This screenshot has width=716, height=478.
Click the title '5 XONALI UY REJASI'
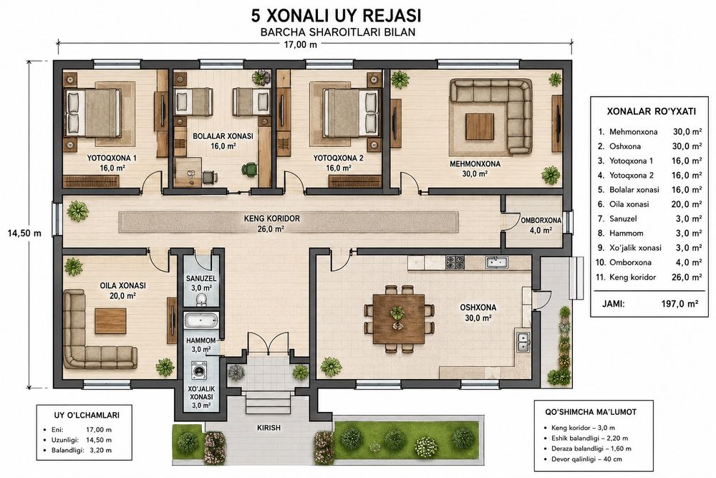tap(336, 16)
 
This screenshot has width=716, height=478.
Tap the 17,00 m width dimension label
tap(300, 44)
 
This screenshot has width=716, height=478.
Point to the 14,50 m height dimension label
tap(24, 233)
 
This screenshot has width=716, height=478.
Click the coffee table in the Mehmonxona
tap(480, 127)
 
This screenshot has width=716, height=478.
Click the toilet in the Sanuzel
tap(201, 300)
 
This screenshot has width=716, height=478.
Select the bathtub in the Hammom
tap(201, 320)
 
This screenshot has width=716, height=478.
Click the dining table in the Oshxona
tap(399, 318)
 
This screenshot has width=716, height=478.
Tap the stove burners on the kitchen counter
tap(455, 262)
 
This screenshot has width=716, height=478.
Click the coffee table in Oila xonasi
tap(110, 321)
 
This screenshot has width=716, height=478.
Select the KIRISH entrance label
tap(269, 428)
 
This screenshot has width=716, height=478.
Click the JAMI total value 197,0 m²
tap(679, 303)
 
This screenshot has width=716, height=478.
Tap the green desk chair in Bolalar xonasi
tap(249, 170)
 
